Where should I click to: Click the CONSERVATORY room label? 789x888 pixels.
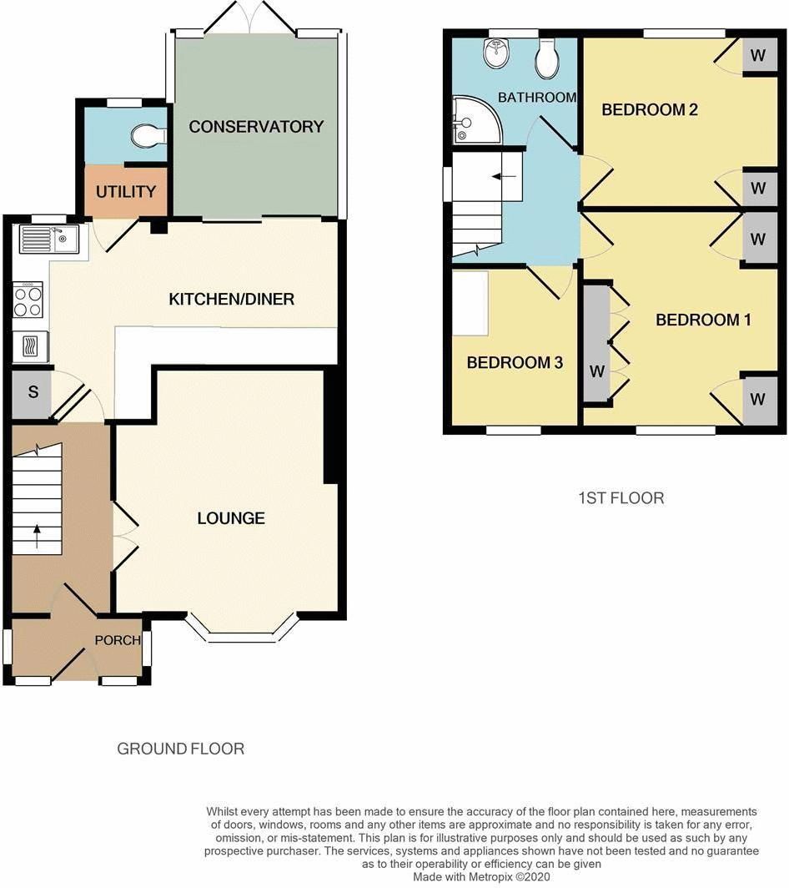255,127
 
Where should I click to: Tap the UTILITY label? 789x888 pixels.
126,192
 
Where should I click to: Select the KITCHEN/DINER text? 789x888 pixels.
231,299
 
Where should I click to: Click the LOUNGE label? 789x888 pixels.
231,518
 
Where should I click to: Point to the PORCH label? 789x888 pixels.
118,641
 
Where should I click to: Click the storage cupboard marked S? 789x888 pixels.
32,392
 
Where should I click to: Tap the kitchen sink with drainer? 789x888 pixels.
49,239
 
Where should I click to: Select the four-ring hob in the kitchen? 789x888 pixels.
28,300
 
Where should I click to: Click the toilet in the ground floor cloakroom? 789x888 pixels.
149,135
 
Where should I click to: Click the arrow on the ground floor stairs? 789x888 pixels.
38,535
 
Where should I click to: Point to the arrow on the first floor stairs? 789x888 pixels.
502,177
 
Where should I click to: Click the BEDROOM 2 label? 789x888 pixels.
650,109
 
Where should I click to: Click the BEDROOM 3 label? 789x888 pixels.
515,363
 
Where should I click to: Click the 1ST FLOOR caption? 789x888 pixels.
621,498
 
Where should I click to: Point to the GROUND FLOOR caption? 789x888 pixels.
180,749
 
